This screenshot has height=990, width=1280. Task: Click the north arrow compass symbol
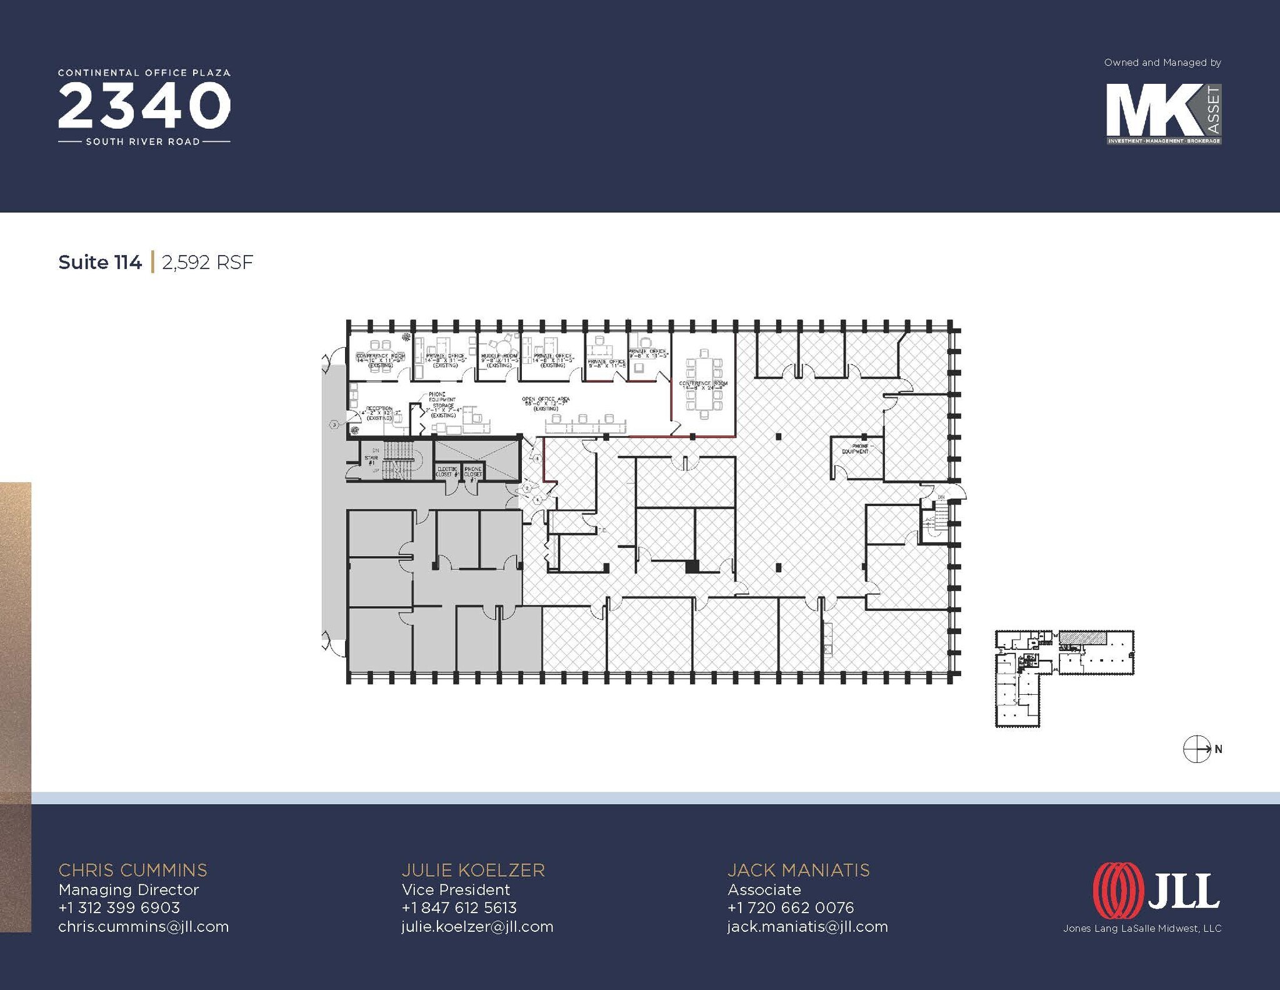tap(1197, 749)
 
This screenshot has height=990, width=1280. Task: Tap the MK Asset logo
tap(1163, 114)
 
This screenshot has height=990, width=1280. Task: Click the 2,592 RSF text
tap(207, 262)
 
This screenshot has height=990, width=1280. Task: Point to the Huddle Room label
tap(499, 359)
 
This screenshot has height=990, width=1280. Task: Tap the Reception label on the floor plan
tap(379, 413)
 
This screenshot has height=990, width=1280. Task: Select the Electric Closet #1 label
tap(447, 472)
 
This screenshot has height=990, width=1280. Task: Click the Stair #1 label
tap(371, 460)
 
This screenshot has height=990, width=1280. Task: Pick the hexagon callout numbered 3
tap(334, 425)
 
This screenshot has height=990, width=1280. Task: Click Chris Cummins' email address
tap(144, 926)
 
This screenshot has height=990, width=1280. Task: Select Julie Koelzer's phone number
tap(459, 907)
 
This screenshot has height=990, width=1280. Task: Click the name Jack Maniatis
tap(798, 870)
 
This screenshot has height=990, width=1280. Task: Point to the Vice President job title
tap(456, 889)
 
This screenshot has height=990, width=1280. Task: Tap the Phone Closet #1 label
tap(473, 472)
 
